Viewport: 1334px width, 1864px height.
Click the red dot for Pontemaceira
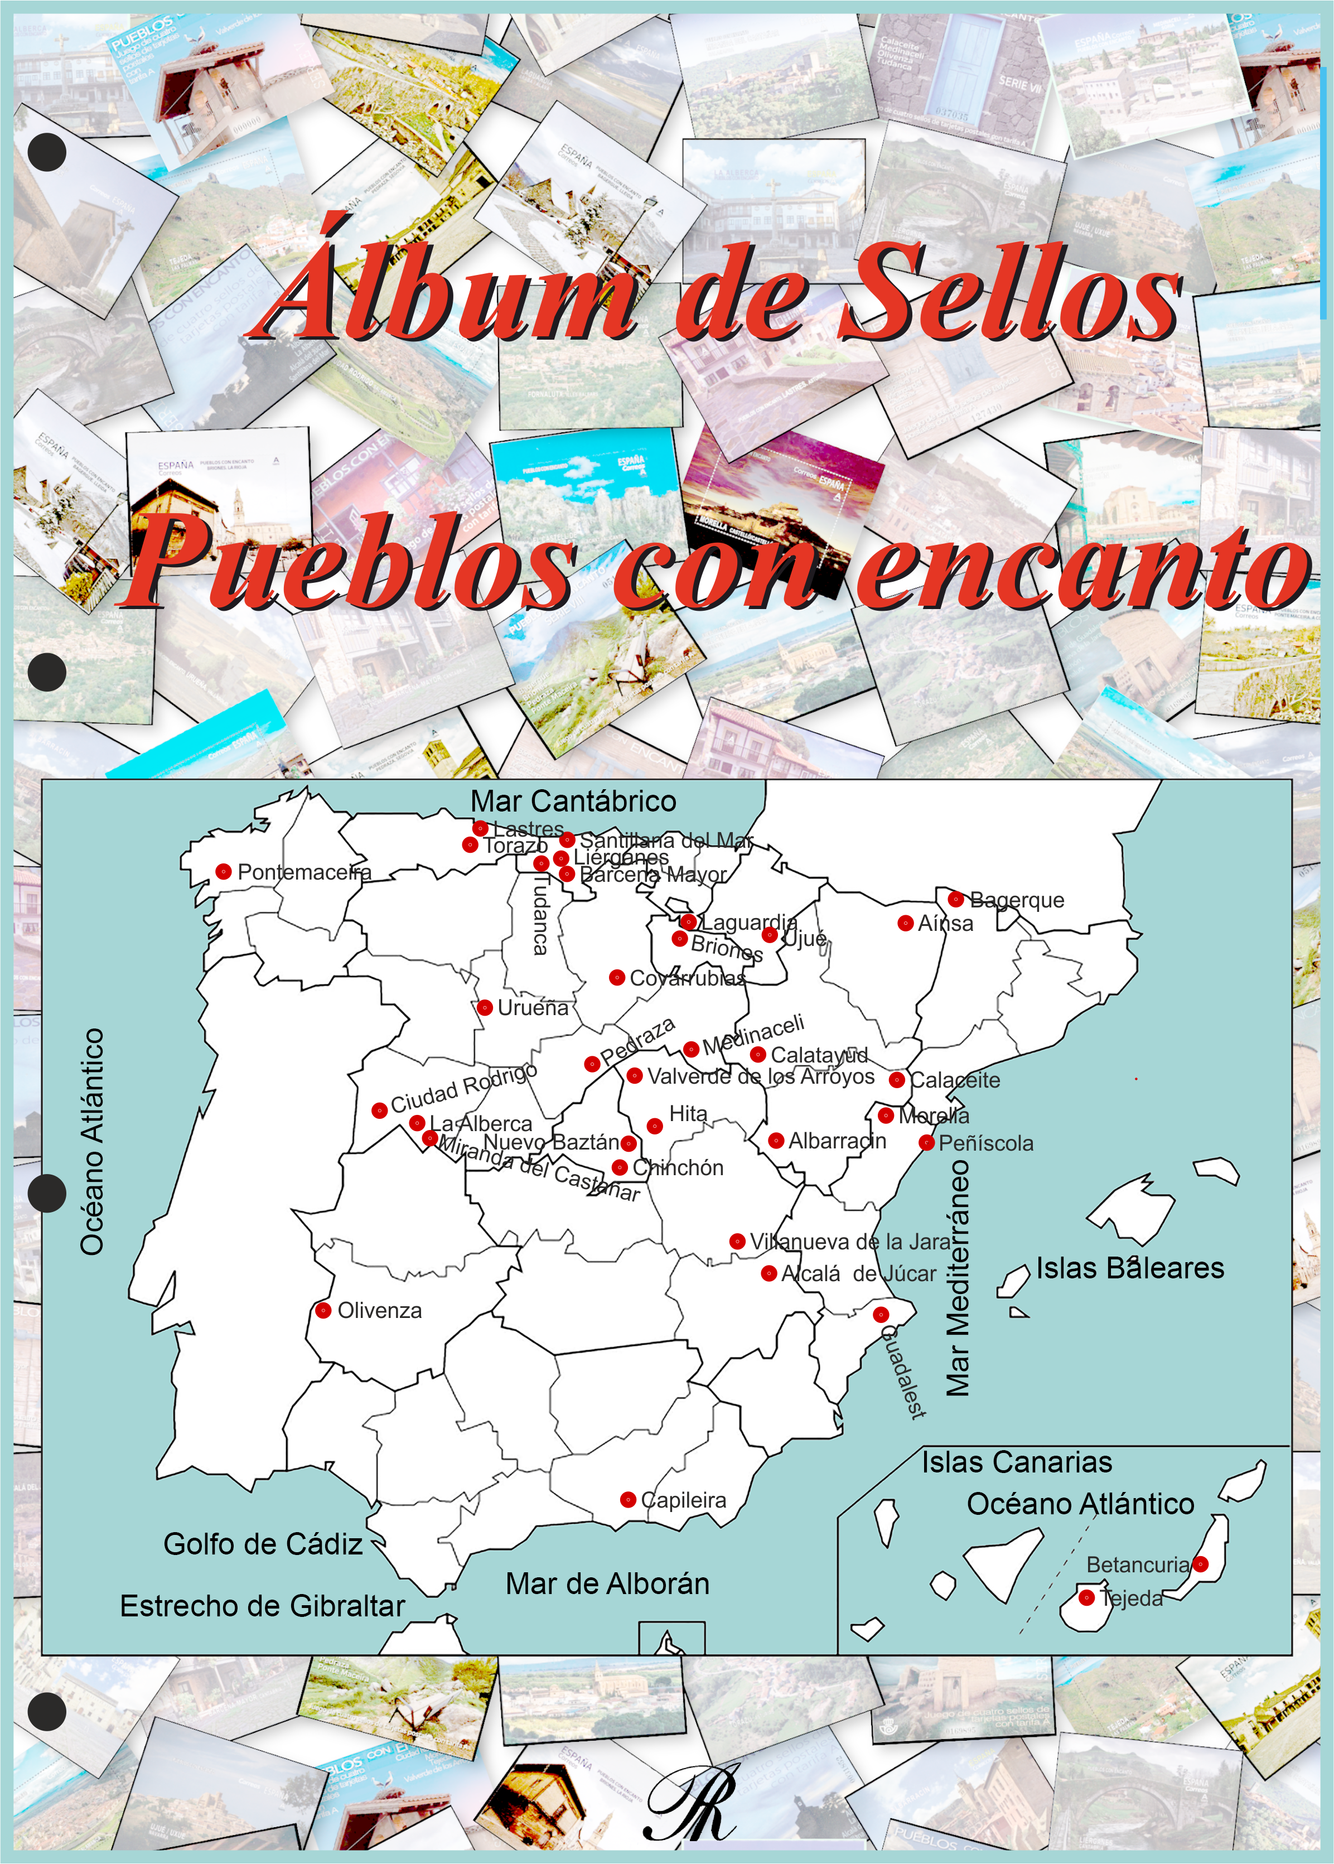(223, 871)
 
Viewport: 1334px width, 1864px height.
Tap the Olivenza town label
(379, 1310)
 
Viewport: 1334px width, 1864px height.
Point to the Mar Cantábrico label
(573, 801)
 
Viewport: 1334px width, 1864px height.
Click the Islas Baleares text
(1129, 1268)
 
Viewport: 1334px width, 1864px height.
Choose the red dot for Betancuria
(1200, 1563)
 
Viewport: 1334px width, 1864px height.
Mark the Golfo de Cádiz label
(263, 1544)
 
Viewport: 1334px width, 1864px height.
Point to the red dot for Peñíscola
(926, 1142)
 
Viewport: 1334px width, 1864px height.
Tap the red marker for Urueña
(485, 1007)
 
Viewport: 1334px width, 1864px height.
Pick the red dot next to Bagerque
(955, 899)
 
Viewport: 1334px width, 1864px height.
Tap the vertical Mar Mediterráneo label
(958, 1277)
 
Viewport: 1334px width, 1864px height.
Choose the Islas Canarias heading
(1016, 1462)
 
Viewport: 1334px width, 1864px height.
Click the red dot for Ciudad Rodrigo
(379, 1110)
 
